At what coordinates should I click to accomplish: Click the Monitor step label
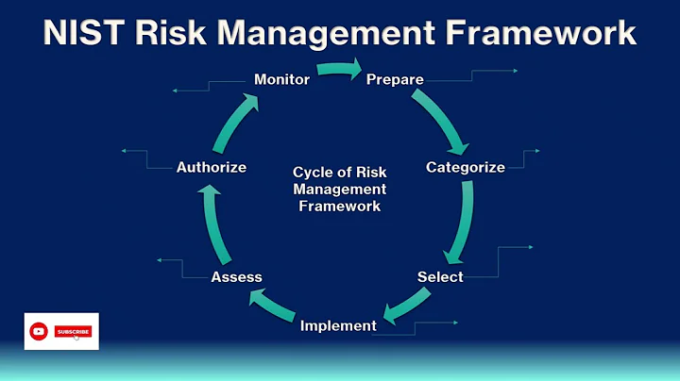click(x=281, y=79)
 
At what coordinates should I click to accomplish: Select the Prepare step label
click(x=395, y=79)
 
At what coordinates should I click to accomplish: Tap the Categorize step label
click(x=466, y=168)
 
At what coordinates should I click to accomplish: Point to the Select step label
click(x=440, y=276)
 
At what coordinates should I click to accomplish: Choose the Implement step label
click(x=338, y=326)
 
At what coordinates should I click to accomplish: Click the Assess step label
click(x=236, y=276)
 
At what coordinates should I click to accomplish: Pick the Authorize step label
click(x=212, y=168)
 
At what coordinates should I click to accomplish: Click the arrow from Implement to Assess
click(x=274, y=306)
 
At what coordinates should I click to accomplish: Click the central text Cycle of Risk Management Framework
click(x=339, y=189)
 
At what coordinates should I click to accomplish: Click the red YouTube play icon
click(x=39, y=331)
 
